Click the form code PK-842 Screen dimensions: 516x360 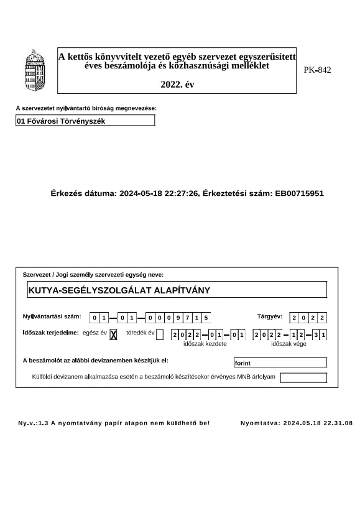pos(317,70)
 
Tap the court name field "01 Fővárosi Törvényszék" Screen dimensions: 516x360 pos(85,121)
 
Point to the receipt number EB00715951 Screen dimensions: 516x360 pos(299,193)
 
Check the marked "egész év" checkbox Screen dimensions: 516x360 pos(113,335)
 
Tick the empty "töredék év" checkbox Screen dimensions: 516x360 pos(160,335)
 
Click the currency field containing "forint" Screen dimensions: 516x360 pos(280,362)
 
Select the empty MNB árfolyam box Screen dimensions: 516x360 pos(303,377)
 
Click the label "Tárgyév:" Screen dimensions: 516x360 pos(270,317)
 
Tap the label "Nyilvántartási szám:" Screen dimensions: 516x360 pos(52,317)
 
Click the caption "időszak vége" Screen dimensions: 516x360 pos(288,344)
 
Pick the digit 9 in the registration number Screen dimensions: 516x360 pos(178,318)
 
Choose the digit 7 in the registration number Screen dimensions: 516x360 pos(188,318)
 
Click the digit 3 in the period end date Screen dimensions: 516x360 pos(316,336)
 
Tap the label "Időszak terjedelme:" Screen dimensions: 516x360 pos(50,333)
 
